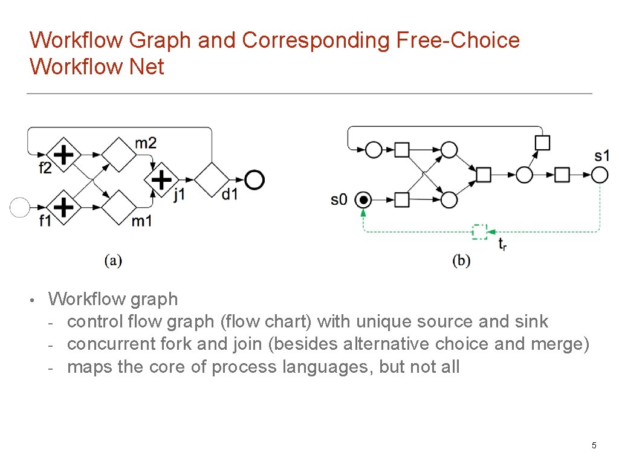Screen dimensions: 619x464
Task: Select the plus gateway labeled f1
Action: coord(63,207)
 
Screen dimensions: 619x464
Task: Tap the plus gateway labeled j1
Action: coord(161,179)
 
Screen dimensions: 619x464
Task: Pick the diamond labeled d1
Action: coord(212,179)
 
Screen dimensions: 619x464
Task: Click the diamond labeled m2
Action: coord(118,155)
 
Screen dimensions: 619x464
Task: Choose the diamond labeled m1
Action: coord(118,207)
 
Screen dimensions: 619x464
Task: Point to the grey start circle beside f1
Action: coord(20,207)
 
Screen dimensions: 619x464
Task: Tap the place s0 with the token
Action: coord(363,199)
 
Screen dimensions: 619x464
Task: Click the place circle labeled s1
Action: coord(599,175)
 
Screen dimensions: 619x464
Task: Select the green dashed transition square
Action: coord(479,231)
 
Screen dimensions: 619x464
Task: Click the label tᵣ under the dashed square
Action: coord(502,244)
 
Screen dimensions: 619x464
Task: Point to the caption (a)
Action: coord(113,260)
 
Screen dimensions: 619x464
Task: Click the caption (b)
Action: coord(461,260)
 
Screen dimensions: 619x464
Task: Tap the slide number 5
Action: coord(594,445)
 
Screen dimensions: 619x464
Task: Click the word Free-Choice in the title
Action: coord(458,40)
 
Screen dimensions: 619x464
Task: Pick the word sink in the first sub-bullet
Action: coord(531,321)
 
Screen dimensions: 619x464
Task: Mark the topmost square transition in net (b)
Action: coord(542,143)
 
